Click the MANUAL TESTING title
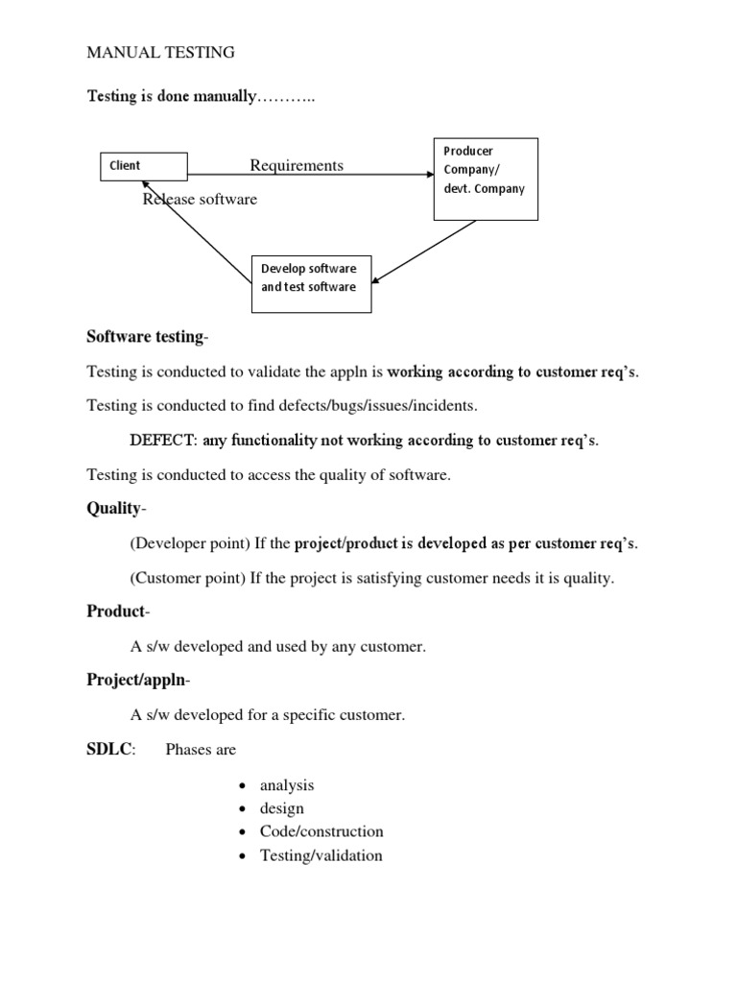click(x=160, y=53)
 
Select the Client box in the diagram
click(x=144, y=166)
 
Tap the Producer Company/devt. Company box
click(x=486, y=179)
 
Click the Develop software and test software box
click(x=311, y=283)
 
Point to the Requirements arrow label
click(x=297, y=165)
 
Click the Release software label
click(x=200, y=200)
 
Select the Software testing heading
click(x=145, y=336)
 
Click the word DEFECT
click(x=162, y=441)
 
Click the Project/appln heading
click(x=137, y=681)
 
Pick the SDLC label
click(x=109, y=749)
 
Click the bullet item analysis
click(x=287, y=785)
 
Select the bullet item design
click(x=281, y=808)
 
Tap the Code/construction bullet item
click(x=321, y=831)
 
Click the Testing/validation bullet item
click(x=321, y=855)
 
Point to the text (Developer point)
click(x=189, y=544)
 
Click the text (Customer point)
click(x=187, y=578)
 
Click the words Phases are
click(x=201, y=749)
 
